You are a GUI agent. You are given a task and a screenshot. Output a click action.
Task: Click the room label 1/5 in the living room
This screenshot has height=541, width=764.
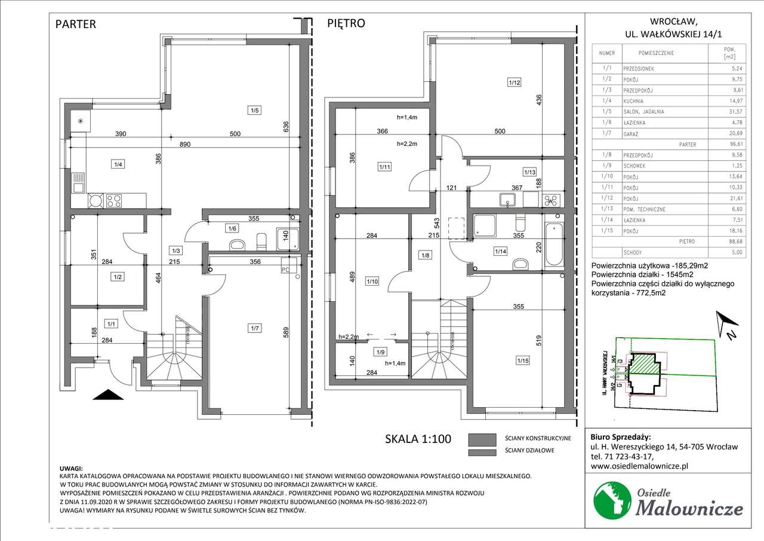(x=255, y=110)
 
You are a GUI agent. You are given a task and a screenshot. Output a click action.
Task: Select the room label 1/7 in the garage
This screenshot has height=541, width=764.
(x=255, y=327)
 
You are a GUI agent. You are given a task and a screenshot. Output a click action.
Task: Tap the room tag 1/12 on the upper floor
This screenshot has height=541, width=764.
(x=514, y=83)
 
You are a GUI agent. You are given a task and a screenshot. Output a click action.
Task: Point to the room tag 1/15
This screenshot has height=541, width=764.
(x=523, y=360)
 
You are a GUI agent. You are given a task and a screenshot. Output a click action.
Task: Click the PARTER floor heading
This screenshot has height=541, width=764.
(x=76, y=25)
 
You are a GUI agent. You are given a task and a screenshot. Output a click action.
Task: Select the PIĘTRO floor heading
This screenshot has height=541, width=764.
(x=346, y=24)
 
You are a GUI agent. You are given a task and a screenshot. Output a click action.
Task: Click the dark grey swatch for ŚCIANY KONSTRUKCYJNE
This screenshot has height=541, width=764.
(x=482, y=439)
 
